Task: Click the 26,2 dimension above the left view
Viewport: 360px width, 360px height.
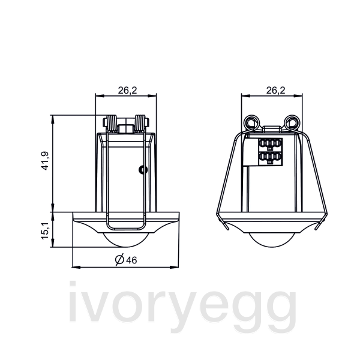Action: click(127, 91)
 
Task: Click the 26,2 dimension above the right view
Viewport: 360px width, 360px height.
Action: click(275, 91)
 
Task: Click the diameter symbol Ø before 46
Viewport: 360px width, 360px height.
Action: click(119, 259)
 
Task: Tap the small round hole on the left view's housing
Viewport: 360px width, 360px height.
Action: click(142, 170)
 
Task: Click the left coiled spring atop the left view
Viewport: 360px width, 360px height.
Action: click(112, 123)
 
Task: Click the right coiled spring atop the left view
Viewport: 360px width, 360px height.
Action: click(141, 123)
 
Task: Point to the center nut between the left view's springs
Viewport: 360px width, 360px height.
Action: click(126, 128)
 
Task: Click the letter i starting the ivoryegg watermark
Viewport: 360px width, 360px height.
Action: click(74, 306)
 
